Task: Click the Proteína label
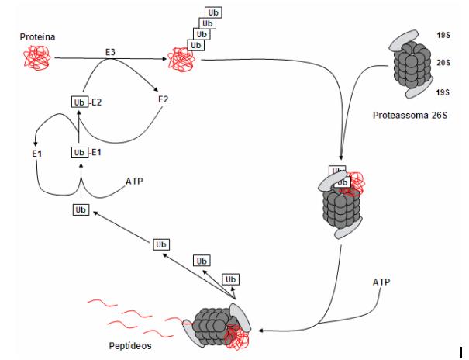coord(37,36)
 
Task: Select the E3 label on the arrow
coord(110,52)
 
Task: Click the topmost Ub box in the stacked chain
coord(213,12)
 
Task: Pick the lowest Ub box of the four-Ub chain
coord(195,45)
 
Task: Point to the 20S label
coord(443,63)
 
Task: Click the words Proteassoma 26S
coord(410,115)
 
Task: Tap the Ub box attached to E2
coord(80,102)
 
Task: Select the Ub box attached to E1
coord(80,152)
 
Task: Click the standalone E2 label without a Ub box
coord(164,99)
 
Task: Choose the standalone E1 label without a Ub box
coord(37,154)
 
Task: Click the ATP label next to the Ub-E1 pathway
coord(134,182)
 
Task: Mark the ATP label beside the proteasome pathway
coord(381,282)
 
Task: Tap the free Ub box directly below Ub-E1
coord(81,209)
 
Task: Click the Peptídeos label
coord(130,346)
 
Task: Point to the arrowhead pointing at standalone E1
coord(36,144)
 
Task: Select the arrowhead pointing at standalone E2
coord(156,89)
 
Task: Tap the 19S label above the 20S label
coord(443,36)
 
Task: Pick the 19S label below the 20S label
coord(443,92)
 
